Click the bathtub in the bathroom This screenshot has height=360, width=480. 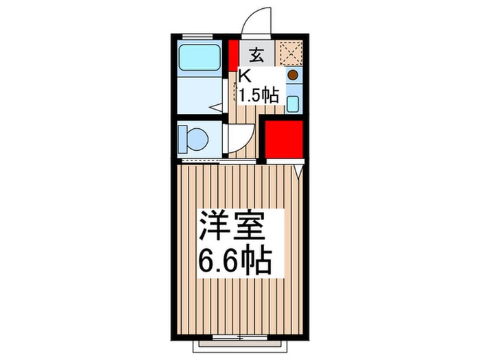pyautogui.click(x=200, y=58)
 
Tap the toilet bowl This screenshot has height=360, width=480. pyautogui.click(x=198, y=139)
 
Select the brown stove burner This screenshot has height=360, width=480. pyautogui.click(x=293, y=75)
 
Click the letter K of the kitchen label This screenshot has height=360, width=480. pyautogui.click(x=245, y=77)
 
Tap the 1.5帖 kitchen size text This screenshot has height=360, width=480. pyautogui.click(x=259, y=95)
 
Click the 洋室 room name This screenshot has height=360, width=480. pyautogui.click(x=232, y=226)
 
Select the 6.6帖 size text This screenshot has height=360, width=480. pyautogui.click(x=235, y=261)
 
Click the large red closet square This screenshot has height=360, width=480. pyautogui.click(x=284, y=139)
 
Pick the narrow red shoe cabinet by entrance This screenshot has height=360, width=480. pyautogui.click(x=234, y=56)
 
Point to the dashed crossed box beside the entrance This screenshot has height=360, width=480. pyautogui.click(x=289, y=53)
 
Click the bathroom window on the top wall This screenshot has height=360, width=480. pyautogui.click(x=197, y=37)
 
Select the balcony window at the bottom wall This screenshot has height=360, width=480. pyautogui.click(x=240, y=337)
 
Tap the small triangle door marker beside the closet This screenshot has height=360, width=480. pyautogui.click(x=299, y=171)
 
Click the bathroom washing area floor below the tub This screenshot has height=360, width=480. pyautogui.click(x=200, y=95)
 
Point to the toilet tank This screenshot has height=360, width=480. pyautogui.click(x=183, y=139)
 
